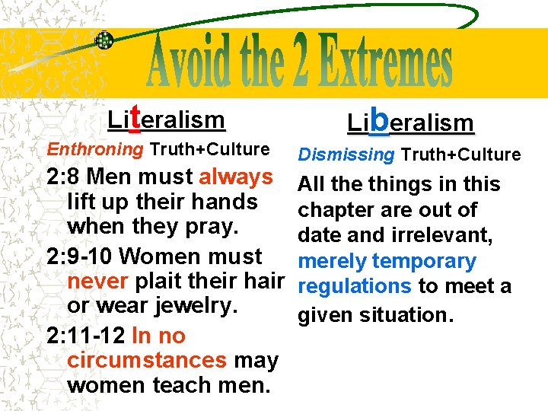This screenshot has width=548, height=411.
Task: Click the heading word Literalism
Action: [x=167, y=119]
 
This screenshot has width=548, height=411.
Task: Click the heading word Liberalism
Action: [x=410, y=122]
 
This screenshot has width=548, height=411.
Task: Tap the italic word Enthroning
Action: [x=95, y=149]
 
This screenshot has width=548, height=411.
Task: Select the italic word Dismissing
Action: [x=346, y=155]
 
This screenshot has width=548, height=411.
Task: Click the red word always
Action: [x=236, y=177]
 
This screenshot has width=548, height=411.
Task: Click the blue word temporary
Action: [x=424, y=261]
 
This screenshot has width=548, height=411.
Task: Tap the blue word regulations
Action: [x=355, y=287]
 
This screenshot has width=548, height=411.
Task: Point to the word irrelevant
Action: [x=441, y=235]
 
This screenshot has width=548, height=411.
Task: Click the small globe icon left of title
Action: [x=105, y=41]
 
